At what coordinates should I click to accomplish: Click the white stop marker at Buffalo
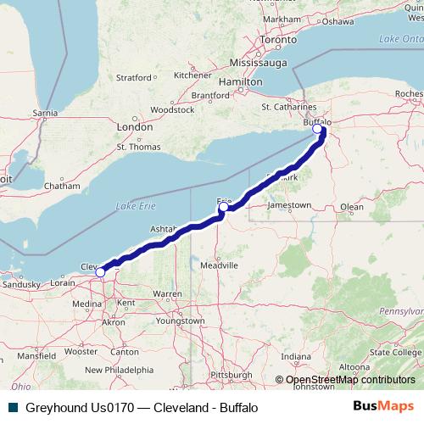point(318,130)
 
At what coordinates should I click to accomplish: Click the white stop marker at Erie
point(224,206)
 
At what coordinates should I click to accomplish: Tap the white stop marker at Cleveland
point(100,272)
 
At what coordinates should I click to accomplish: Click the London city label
point(135,126)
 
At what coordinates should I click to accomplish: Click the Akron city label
point(112,322)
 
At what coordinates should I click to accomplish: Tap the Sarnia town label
point(44,111)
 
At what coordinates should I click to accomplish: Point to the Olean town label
point(351,206)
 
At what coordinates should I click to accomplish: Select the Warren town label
point(167,294)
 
